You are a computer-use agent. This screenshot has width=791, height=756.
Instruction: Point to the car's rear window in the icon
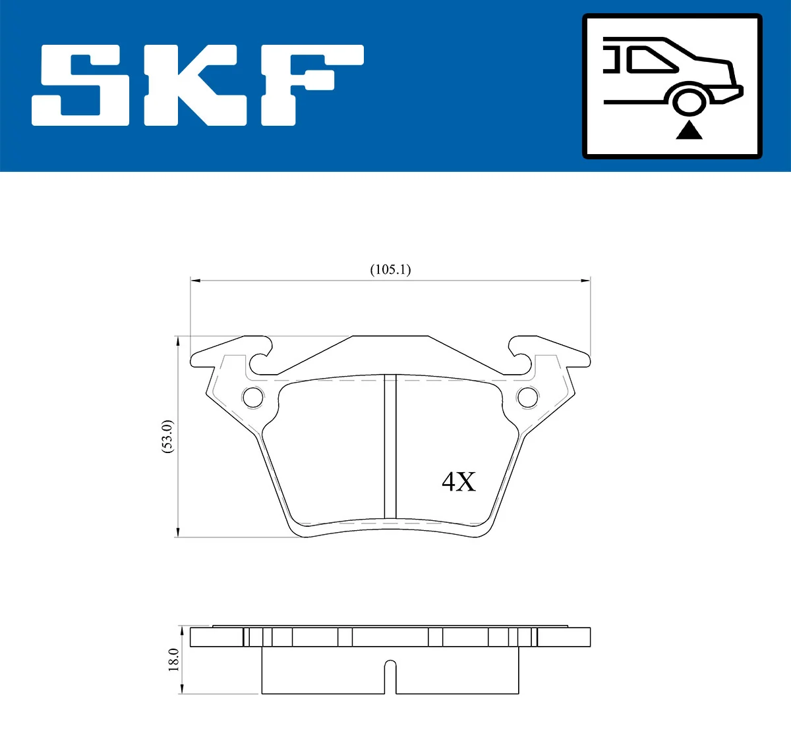click(653, 59)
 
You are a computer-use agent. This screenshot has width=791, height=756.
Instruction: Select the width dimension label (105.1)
click(390, 269)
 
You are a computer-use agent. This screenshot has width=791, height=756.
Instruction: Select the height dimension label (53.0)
click(167, 436)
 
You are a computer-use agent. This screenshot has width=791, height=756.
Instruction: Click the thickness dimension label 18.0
click(173, 659)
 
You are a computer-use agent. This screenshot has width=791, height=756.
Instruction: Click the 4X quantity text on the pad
click(458, 482)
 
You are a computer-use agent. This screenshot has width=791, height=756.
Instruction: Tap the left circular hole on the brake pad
click(253, 397)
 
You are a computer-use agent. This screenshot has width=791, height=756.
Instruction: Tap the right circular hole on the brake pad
click(527, 397)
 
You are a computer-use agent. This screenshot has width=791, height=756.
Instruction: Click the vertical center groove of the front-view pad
click(390, 448)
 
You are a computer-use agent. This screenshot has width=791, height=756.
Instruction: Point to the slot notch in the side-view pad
click(390, 675)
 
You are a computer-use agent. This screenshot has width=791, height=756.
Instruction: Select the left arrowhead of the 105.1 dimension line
click(195, 281)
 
